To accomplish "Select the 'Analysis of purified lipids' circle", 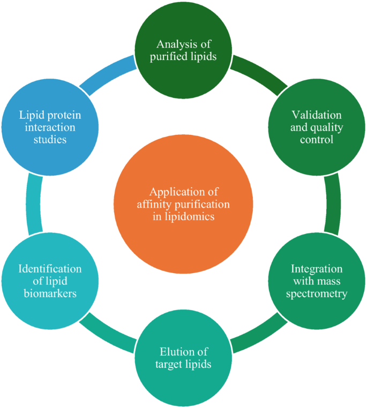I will [183, 50].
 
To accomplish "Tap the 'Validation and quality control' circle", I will [312, 127].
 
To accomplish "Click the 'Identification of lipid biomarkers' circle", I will [49, 281].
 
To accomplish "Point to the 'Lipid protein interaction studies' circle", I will [49, 127].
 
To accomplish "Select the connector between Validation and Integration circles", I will [332, 204].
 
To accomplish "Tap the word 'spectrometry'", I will [319, 293].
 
